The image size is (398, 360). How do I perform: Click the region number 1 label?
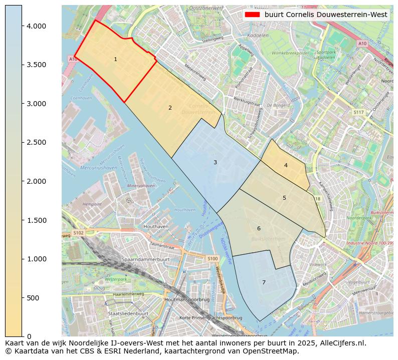click(115, 59)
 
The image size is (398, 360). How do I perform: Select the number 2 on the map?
click(170, 108)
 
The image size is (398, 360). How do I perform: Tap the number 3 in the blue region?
click(215, 162)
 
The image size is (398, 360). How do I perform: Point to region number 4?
click(286, 165)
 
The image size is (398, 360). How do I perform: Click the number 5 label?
click(284, 198)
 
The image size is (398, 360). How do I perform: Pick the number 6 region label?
click(259, 228)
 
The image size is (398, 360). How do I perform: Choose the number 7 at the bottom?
click(264, 282)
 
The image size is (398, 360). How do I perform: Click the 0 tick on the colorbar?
click(29, 336)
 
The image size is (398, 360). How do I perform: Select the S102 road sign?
click(79, 233)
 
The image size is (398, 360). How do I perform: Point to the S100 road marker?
click(213, 258)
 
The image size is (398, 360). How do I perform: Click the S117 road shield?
click(358, 112)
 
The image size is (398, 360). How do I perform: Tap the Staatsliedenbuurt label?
click(128, 313)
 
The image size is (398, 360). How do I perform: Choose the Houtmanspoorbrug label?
click(186, 299)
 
